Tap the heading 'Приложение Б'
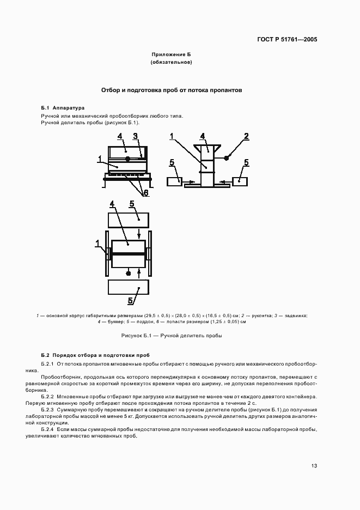click(172, 55)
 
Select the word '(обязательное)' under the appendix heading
click(172, 63)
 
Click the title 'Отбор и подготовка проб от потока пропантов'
click(172, 90)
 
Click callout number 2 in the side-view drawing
click(246, 136)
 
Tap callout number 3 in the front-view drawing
click(136, 136)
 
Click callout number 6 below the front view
click(146, 192)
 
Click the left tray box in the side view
click(175, 181)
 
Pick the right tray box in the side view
click(240, 181)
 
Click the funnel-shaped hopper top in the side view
click(206, 147)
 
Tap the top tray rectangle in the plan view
click(129, 220)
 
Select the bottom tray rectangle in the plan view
click(129, 287)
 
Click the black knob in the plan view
click(129, 272)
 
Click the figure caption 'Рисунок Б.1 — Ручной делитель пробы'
click(172, 336)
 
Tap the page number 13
click(314, 466)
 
